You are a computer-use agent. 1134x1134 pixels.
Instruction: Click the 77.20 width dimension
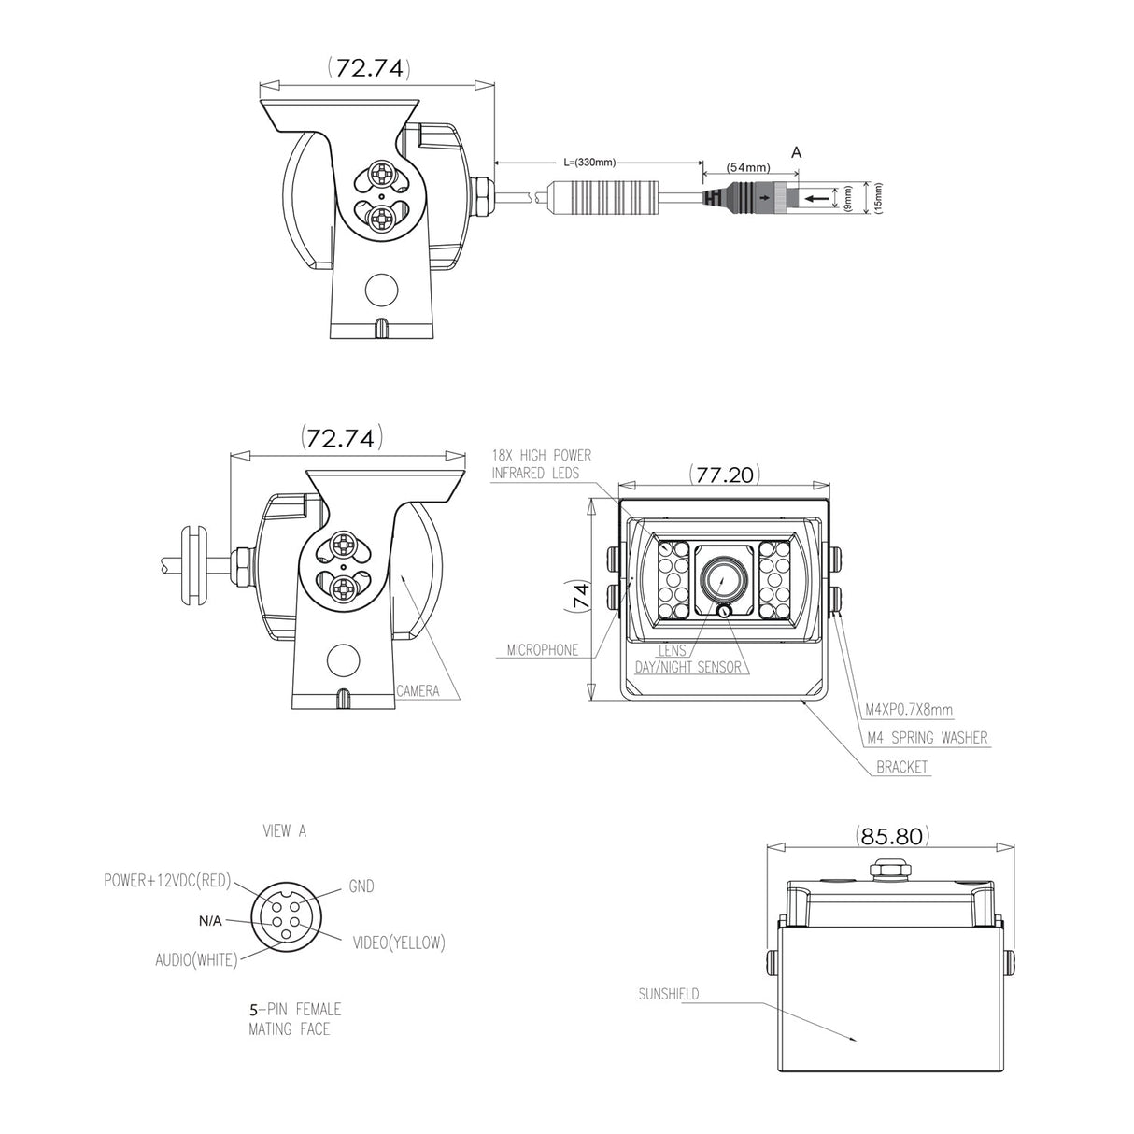coord(723,474)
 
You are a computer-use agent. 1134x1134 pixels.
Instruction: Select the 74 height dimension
coord(579,597)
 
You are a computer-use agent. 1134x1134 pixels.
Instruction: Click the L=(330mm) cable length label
coord(592,162)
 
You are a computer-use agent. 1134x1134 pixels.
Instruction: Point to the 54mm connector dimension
coord(748,167)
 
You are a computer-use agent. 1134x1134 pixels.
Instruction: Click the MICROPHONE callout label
coord(543,649)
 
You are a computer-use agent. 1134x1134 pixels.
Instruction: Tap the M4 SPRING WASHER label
coord(927,738)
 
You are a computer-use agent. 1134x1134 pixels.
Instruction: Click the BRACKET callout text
coord(902,767)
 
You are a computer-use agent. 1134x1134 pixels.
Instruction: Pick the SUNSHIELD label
coord(668,994)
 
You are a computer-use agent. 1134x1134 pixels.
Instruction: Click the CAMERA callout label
coord(418,691)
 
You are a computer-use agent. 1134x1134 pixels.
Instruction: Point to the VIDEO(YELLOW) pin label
coord(399,943)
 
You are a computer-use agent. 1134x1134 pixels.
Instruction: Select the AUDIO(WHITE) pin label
coord(196,958)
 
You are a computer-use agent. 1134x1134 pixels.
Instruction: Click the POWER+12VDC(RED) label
coord(166,880)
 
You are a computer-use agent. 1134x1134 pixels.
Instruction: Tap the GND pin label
coord(361,886)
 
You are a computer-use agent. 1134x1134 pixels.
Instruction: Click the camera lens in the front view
coord(722,578)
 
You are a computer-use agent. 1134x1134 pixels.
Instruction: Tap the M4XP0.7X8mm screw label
coord(909,711)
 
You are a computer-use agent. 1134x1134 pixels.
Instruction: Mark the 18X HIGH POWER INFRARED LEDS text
coord(542,464)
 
